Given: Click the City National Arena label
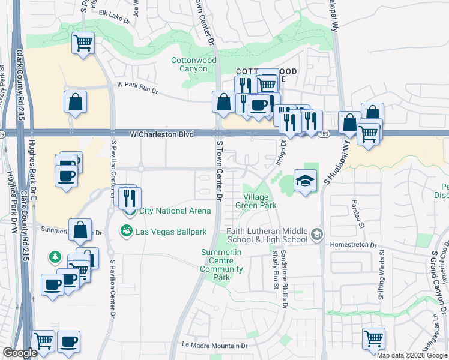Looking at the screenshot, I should pyautogui.click(x=175, y=211).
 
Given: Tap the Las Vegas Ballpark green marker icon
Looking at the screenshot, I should pyautogui.click(x=127, y=231).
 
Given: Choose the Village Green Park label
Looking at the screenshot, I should pyautogui.click(x=259, y=201).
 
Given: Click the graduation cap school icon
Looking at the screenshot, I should pyautogui.click(x=305, y=180).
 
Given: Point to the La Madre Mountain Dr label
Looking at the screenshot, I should pyautogui.click(x=215, y=346).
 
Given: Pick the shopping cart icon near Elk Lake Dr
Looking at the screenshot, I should pyautogui.click(x=83, y=43).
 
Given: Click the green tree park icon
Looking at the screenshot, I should pyautogui.click(x=55, y=257).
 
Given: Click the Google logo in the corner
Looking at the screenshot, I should pyautogui.click(x=20, y=353).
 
